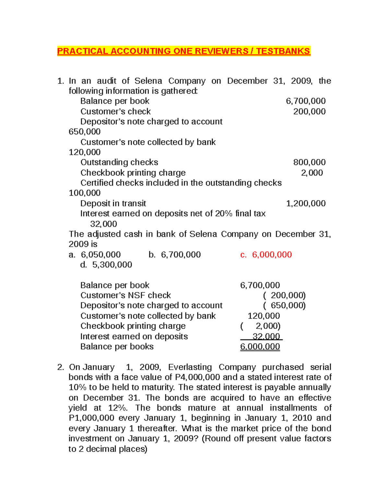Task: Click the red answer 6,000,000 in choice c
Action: [272, 255]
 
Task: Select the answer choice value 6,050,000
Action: [101, 255]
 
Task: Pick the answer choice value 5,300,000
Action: [112, 265]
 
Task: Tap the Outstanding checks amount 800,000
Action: [309, 162]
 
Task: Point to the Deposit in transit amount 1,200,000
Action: [306, 203]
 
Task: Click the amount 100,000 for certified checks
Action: [85, 193]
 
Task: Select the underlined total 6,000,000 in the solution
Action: [260, 347]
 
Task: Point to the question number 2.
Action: [60, 367]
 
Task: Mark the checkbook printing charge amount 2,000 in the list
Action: [312, 173]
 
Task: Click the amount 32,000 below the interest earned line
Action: [103, 224]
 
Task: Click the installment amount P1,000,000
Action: [91, 418]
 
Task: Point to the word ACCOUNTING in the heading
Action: [140, 51]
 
